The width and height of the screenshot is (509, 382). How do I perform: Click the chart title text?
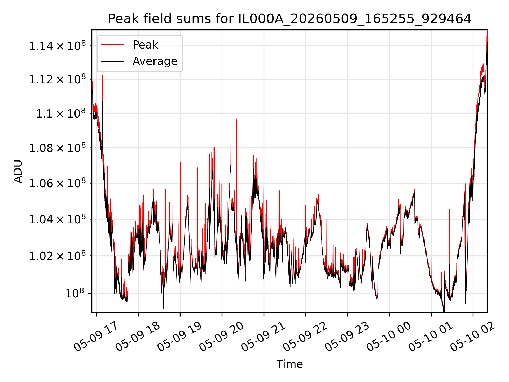(289, 19)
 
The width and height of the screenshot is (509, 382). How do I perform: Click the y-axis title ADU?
(18, 171)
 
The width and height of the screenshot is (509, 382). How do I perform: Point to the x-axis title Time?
(289, 364)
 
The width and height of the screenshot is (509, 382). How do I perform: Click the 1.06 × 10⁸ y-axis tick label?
(58, 183)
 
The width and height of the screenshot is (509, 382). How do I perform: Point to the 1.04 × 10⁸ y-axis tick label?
(58, 219)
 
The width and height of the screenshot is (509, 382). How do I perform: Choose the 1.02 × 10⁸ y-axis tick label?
(58, 255)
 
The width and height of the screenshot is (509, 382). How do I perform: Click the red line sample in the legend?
(113, 45)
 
